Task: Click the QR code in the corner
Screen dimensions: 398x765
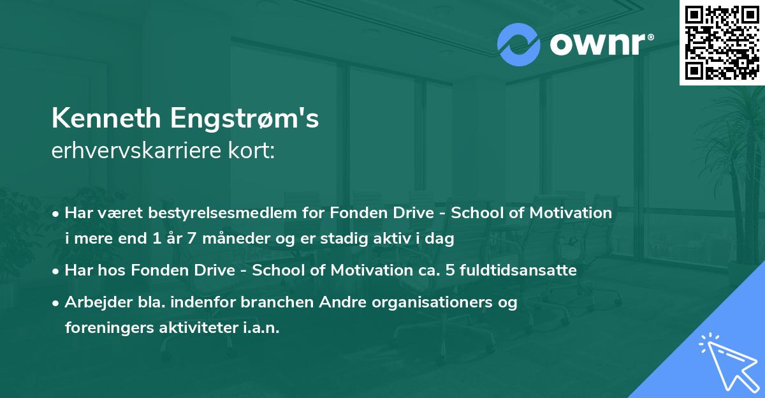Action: point(722,42)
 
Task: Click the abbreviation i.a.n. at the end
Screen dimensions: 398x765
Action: point(260,328)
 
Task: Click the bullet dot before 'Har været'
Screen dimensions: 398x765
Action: point(57,214)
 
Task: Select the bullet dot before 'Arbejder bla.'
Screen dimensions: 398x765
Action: point(57,303)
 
